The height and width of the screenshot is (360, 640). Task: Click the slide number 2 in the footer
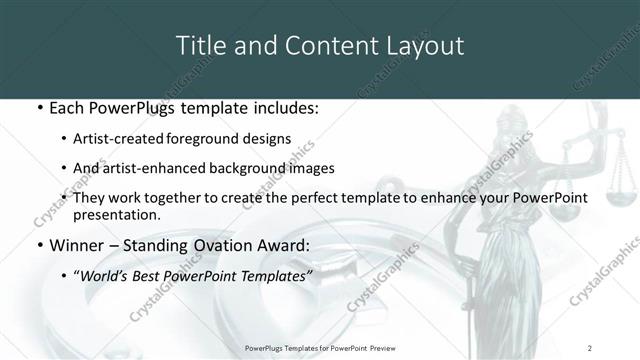[590, 347]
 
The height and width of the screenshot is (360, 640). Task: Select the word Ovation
[224, 243]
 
